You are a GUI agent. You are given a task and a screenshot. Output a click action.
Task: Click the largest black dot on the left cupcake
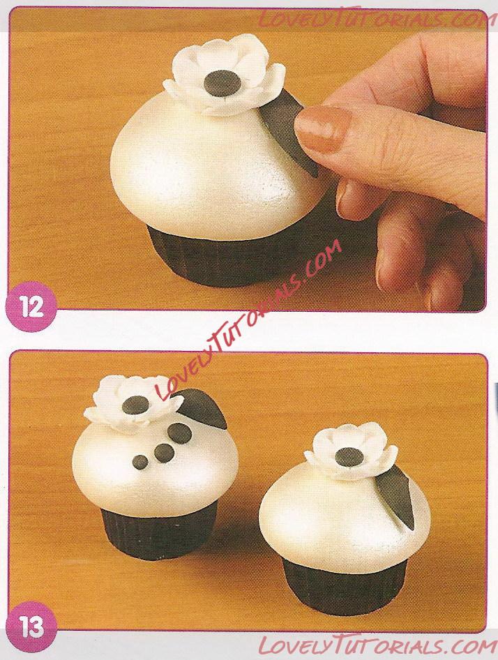coord(180,433)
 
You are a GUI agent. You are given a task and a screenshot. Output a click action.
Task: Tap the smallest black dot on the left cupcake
coord(140,462)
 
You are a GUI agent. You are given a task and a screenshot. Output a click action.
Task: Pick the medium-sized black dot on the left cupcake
coord(164,453)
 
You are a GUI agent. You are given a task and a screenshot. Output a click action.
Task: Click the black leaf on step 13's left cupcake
coord(202,407)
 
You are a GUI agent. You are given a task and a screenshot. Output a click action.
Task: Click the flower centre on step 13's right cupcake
coord(350,457)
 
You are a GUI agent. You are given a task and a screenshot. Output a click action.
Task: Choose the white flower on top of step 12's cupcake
coord(223,76)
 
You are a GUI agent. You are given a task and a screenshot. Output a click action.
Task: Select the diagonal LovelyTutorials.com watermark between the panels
coord(248,320)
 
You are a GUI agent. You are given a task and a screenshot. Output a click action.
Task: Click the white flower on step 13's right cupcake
coord(351,451)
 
